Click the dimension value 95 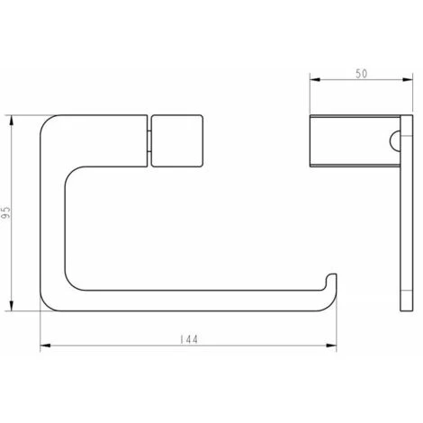8,213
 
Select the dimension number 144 188,339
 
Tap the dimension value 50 359,74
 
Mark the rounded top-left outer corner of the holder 49,122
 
